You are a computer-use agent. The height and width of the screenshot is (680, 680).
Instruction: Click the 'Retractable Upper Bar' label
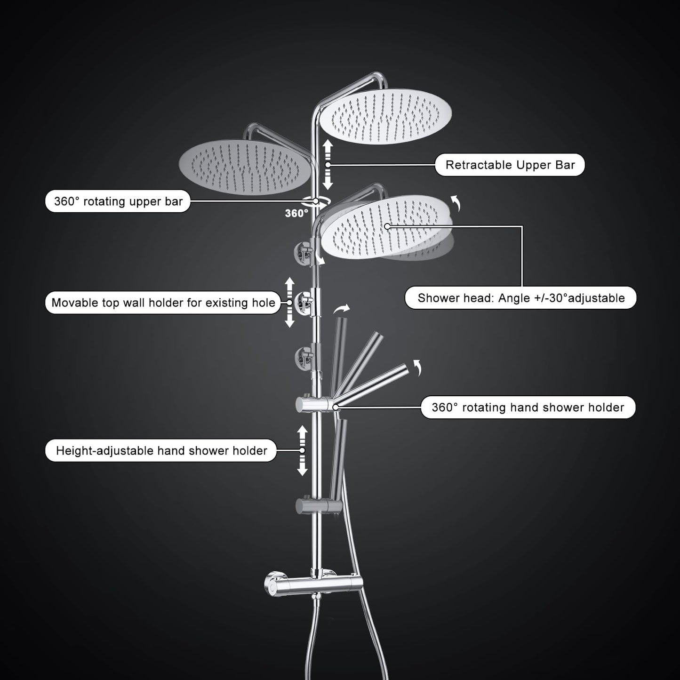(x=510, y=165)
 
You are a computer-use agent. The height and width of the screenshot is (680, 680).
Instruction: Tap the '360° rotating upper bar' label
(x=118, y=201)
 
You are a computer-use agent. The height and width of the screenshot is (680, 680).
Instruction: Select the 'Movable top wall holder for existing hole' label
(x=163, y=303)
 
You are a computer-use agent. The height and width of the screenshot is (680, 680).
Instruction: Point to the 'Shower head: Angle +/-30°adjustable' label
(x=520, y=297)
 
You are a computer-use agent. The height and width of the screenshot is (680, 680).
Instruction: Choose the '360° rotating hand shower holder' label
(x=528, y=407)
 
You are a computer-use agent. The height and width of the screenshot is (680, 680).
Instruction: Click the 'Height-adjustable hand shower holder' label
(x=161, y=450)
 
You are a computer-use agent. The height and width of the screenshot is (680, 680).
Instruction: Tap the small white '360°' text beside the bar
(x=296, y=214)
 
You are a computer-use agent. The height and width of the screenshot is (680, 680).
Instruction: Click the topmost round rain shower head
(x=385, y=116)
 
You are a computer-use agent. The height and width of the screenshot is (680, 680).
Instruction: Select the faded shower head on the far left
(x=245, y=167)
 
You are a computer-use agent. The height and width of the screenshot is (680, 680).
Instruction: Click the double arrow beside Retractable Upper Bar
(x=328, y=164)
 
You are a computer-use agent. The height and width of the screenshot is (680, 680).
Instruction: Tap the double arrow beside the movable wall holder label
(x=290, y=303)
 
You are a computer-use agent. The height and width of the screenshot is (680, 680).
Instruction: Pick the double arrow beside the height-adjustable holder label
(x=303, y=451)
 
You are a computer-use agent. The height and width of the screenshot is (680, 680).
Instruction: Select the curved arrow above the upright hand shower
(x=342, y=309)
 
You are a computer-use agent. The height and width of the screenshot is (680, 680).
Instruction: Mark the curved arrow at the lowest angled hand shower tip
(x=418, y=368)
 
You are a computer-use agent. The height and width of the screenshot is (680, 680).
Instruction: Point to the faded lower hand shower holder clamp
(x=319, y=506)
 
